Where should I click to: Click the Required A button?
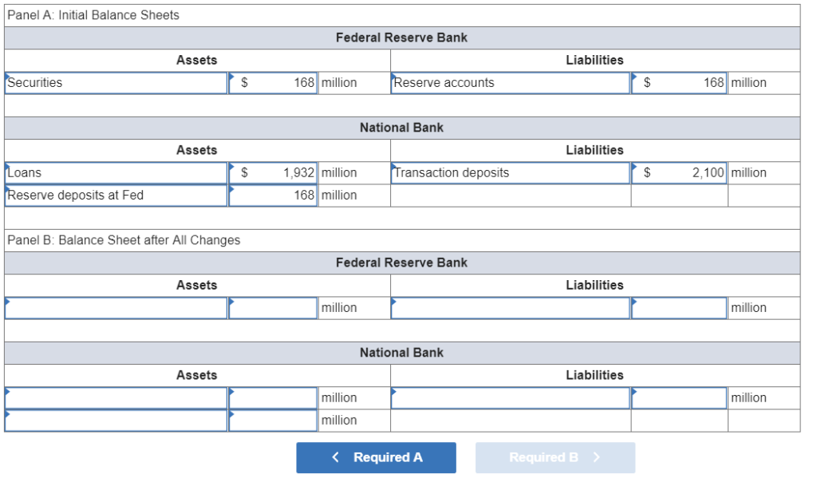pyautogui.click(x=376, y=457)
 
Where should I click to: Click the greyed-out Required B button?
pyautogui.click(x=555, y=457)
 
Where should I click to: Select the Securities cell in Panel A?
pyautogui.click(x=116, y=83)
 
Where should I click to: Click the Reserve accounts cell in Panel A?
pyautogui.click(x=510, y=83)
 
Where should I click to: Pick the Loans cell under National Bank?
pyautogui.click(x=116, y=173)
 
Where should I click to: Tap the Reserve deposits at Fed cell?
pyautogui.click(x=116, y=196)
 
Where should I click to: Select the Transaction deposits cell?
pyautogui.click(x=510, y=173)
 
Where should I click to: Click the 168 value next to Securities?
pyautogui.click(x=304, y=83)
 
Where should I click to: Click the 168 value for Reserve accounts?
pyautogui.click(x=713, y=83)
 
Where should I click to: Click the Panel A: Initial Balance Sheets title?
pyautogui.click(x=93, y=15)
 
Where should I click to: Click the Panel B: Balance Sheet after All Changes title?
pyautogui.click(x=123, y=240)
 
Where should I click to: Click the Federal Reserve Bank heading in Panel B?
pyautogui.click(x=401, y=263)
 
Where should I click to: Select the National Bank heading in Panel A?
pyautogui.click(x=401, y=128)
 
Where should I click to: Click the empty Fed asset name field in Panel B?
pyautogui.click(x=116, y=308)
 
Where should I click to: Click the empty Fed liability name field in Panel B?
pyautogui.click(x=510, y=308)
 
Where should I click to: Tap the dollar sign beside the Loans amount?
pyautogui.click(x=246, y=173)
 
